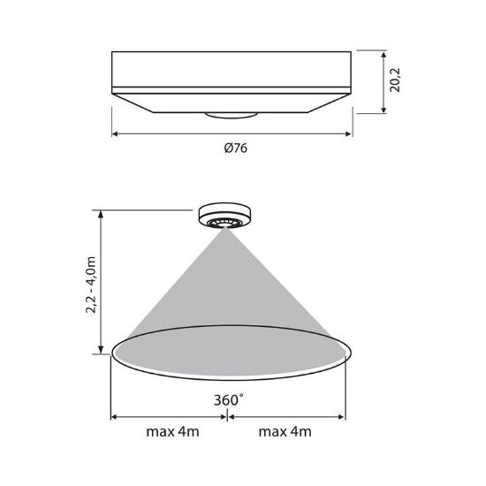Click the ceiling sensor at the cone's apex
229,216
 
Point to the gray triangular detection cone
229,292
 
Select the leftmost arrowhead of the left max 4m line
114,418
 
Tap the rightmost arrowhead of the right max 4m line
346,418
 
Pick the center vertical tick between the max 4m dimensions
230,418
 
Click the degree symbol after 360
241,396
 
